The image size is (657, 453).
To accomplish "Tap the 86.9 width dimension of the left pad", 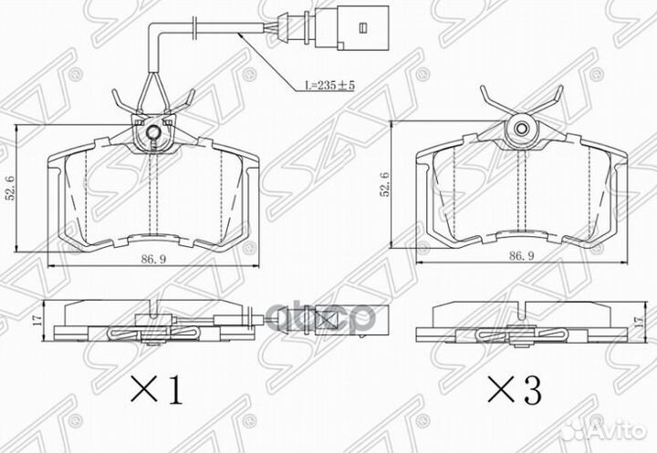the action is [153, 259].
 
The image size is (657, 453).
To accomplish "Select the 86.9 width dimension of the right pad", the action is [521, 256].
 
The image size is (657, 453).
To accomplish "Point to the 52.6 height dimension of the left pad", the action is [10, 188].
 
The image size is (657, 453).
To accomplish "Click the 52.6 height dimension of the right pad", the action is [384, 184].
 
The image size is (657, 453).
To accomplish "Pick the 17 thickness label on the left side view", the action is [37, 320].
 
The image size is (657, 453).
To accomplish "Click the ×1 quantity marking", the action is [157, 389].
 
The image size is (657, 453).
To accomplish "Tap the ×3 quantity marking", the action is [515, 388].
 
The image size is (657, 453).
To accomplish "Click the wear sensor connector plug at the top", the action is [352, 27].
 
